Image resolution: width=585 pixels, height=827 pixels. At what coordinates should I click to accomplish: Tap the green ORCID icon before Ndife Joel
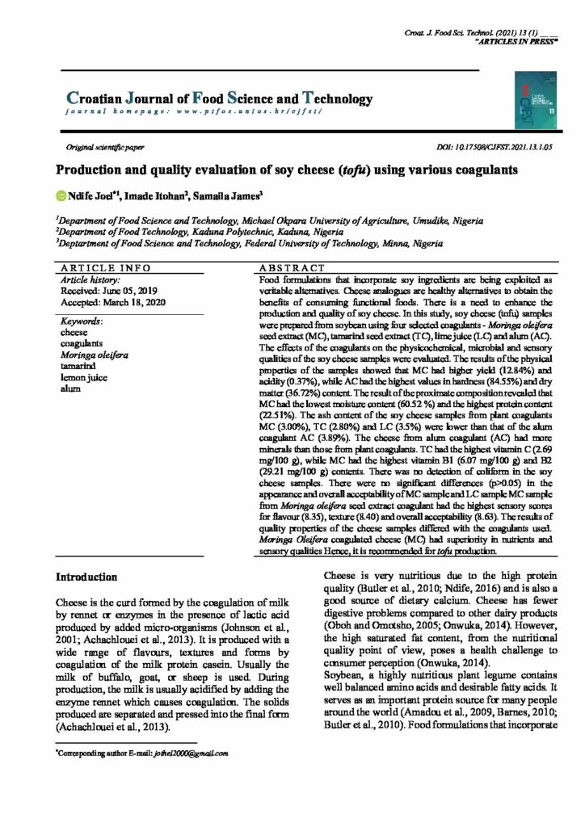[x=60, y=195]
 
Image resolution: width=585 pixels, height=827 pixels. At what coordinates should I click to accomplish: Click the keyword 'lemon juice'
[x=86, y=377]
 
